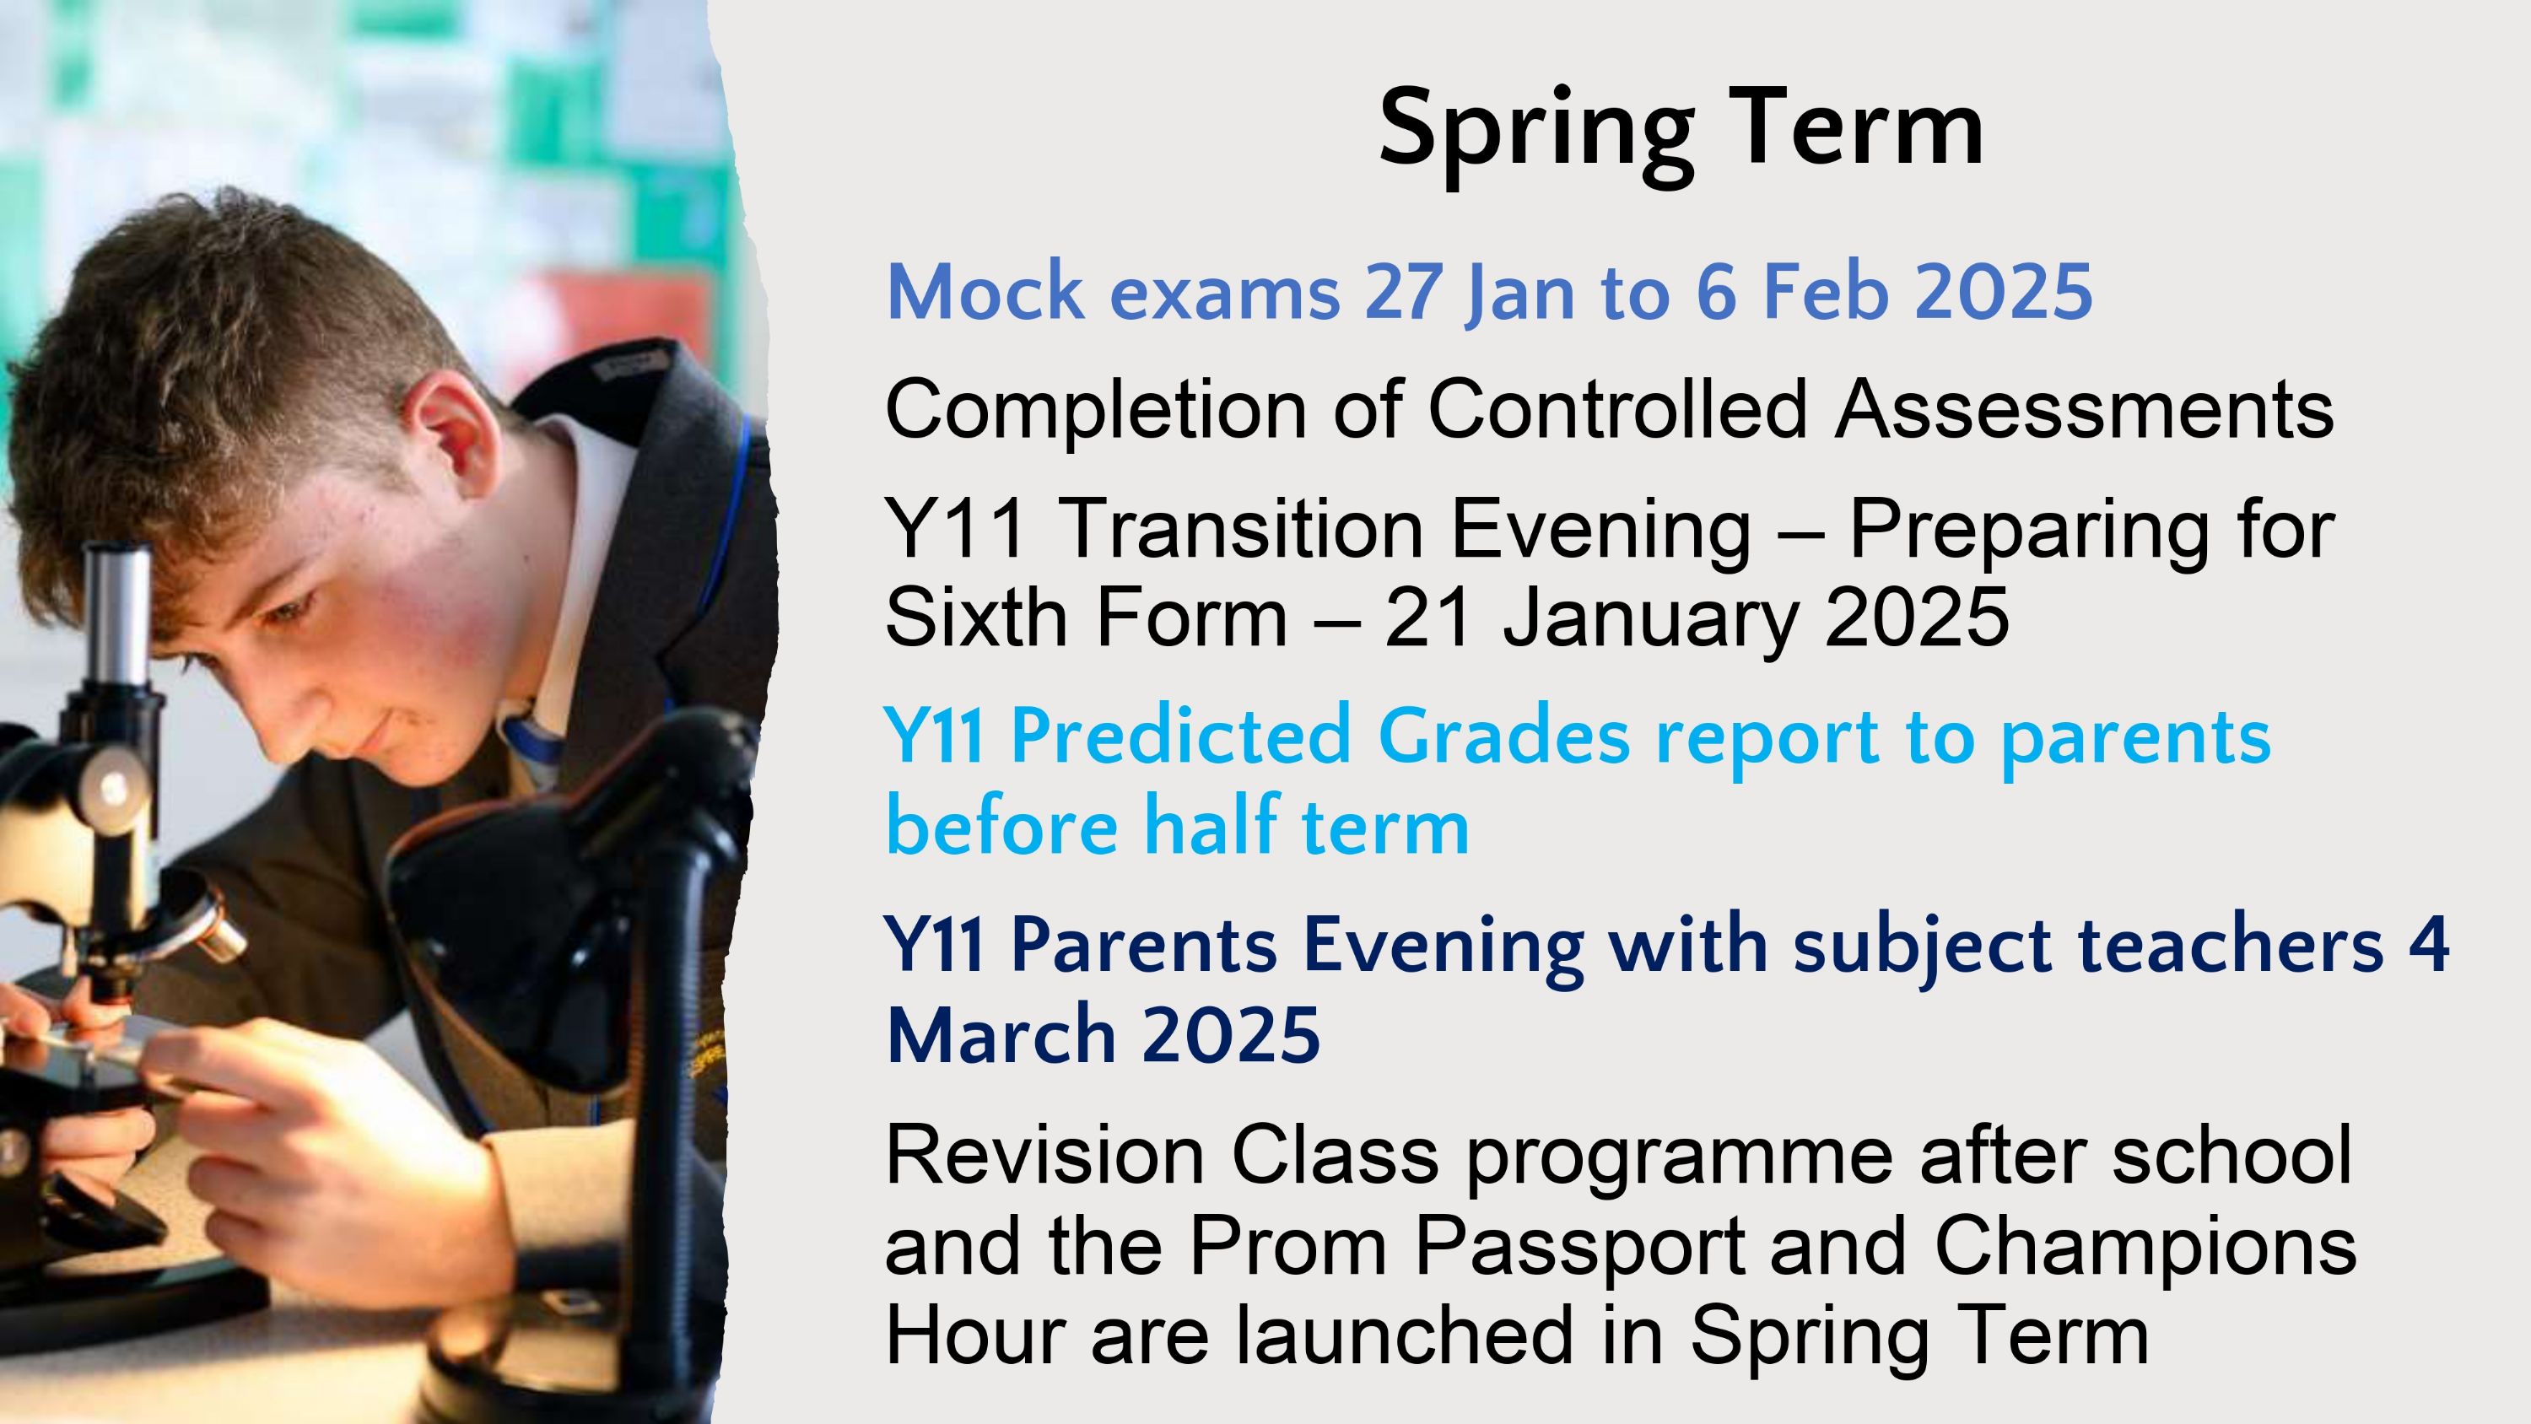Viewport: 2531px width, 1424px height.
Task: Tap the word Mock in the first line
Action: pos(985,292)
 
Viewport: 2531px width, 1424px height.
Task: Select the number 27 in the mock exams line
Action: pos(1404,292)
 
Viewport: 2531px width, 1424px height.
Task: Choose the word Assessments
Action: pos(2085,409)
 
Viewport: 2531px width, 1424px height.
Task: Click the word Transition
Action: pos(1241,529)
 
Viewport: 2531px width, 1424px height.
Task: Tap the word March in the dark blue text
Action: pos(1001,1034)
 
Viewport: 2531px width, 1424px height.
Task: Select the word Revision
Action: pos(1045,1156)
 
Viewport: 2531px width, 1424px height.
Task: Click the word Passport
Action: pos(1579,1247)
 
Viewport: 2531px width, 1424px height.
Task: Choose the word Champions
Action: pos(2145,1247)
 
